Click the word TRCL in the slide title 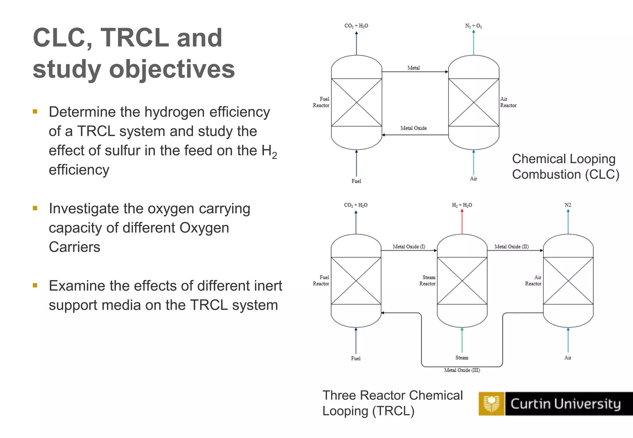(x=134, y=38)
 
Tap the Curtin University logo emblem (x=491, y=403)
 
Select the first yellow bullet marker (x=35, y=112)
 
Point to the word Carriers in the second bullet (x=74, y=247)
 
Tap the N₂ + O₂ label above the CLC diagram (x=473, y=26)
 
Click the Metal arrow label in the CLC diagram (x=414, y=68)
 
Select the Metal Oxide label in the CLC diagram (x=414, y=128)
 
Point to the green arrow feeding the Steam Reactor (x=462, y=340)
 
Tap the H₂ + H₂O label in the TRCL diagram (x=462, y=205)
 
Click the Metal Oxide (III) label (x=462, y=370)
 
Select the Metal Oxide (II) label (x=512, y=246)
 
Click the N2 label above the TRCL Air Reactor (x=568, y=205)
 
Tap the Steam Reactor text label (x=427, y=280)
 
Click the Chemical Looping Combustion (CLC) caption (x=565, y=166)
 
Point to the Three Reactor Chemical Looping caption (x=392, y=403)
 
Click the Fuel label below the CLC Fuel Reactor (x=356, y=181)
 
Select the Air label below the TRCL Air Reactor (x=568, y=358)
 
